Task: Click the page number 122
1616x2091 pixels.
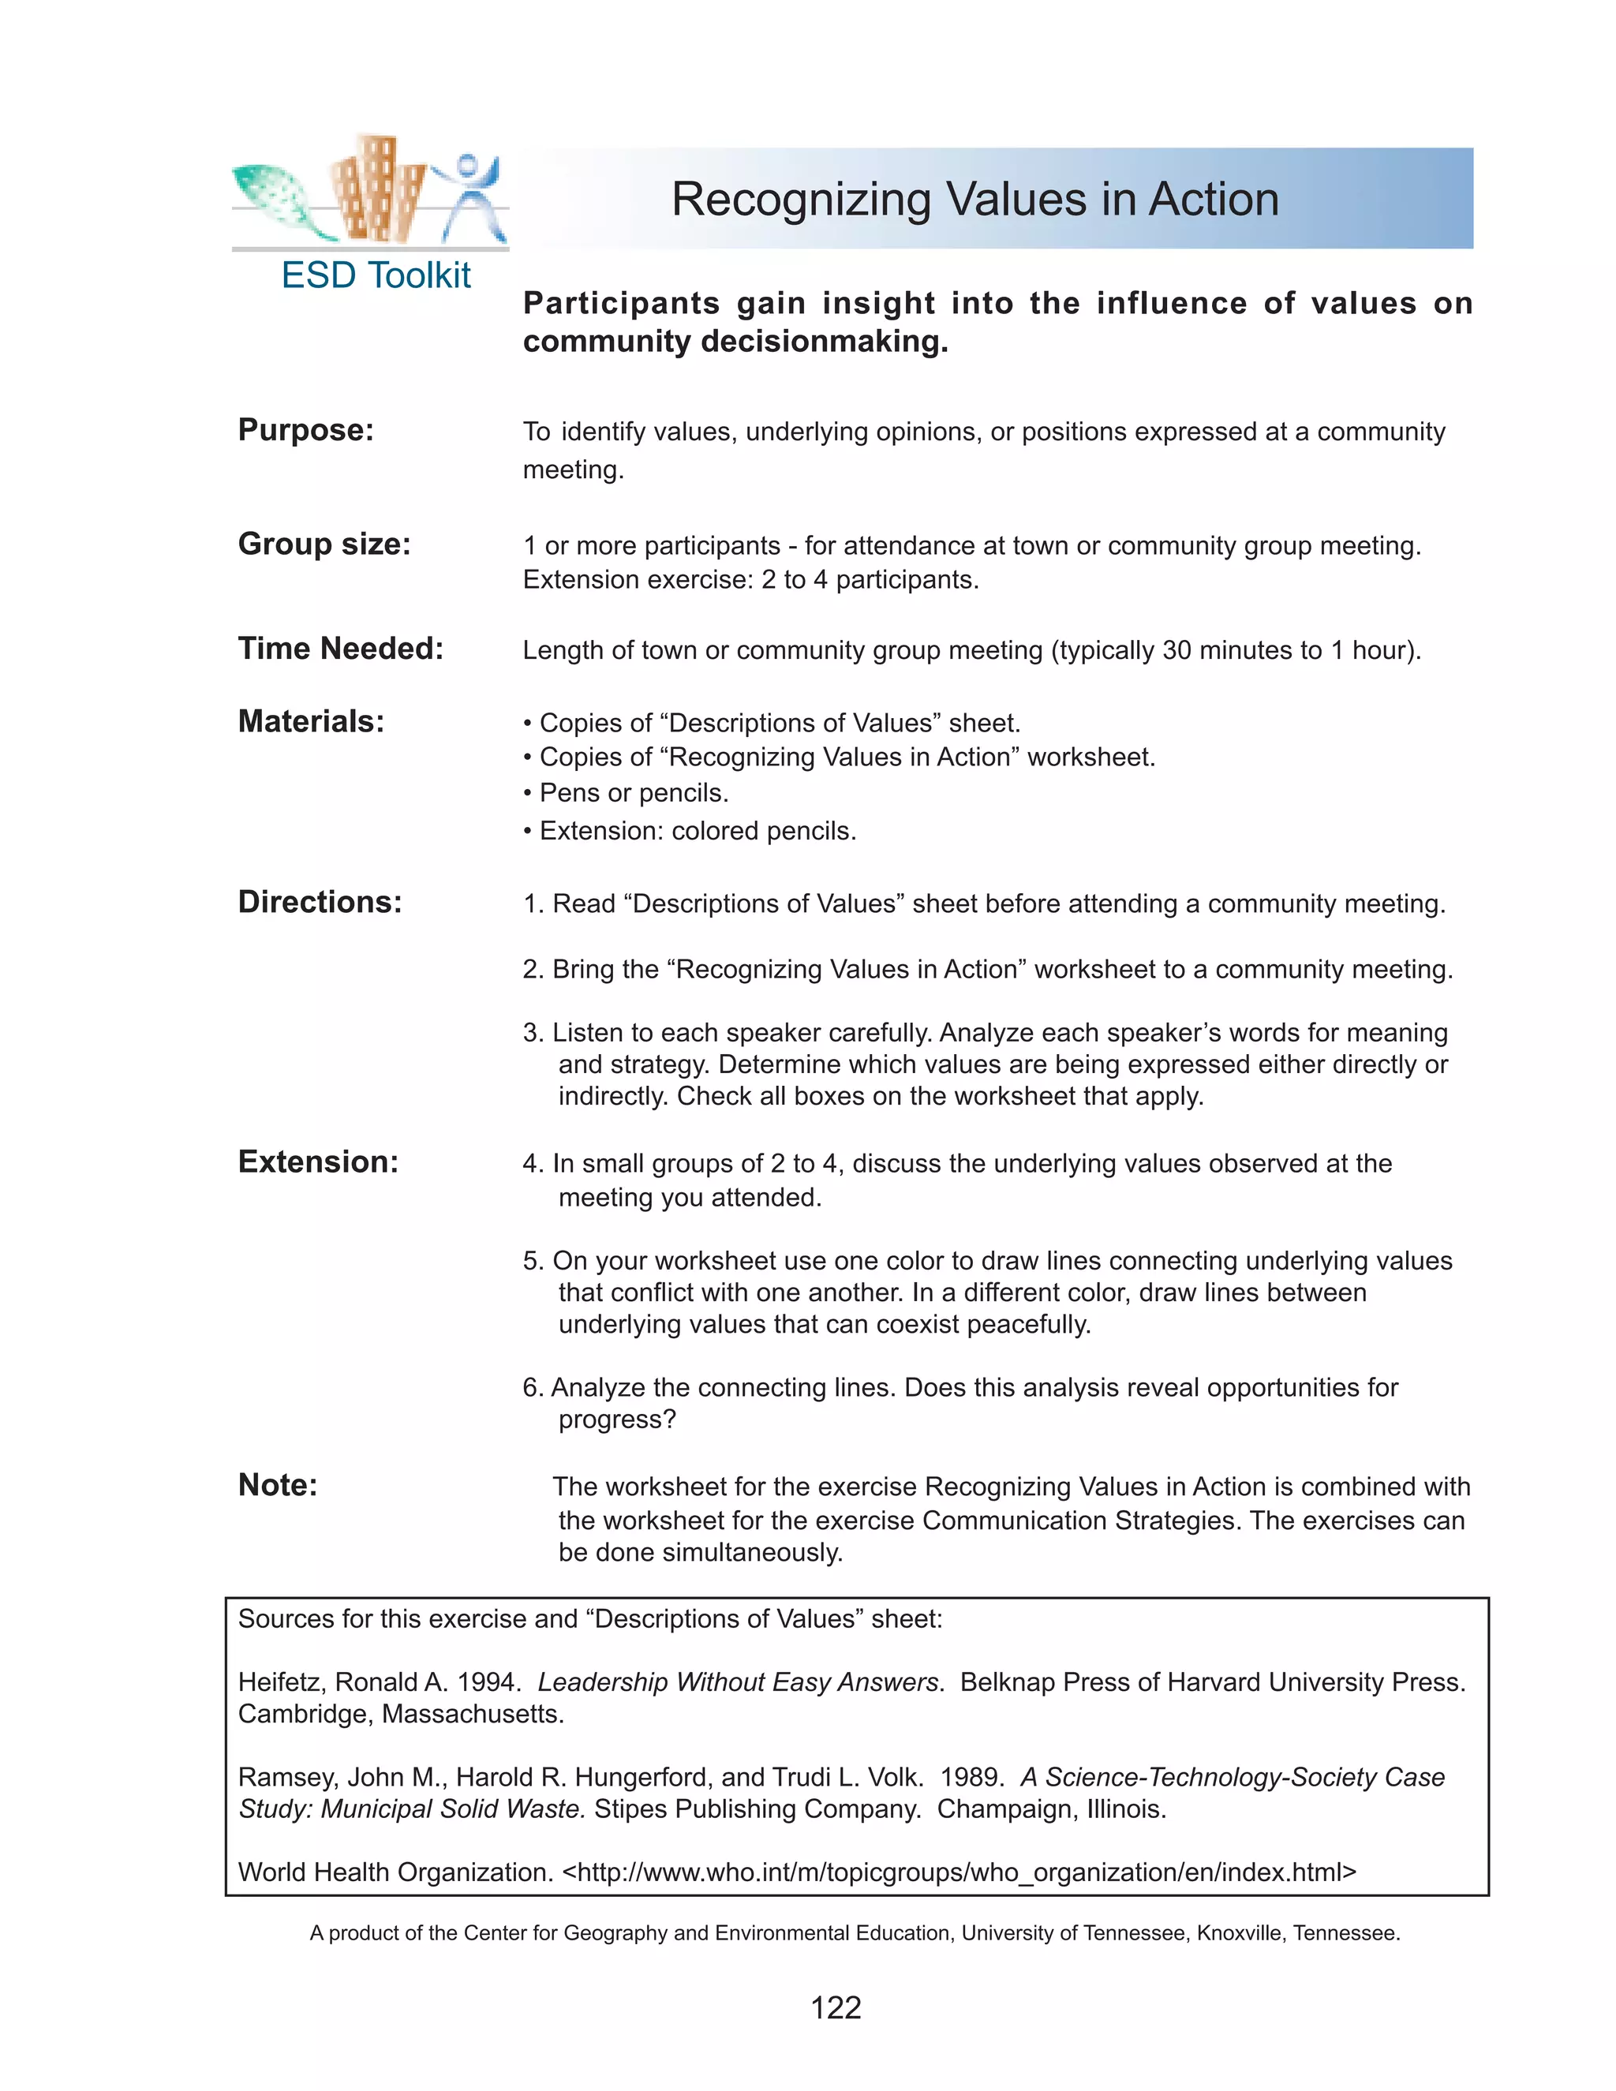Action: coord(835,2007)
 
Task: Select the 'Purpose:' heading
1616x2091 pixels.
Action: coord(305,430)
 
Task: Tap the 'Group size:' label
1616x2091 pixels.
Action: coord(324,544)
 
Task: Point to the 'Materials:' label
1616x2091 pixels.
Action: coord(310,721)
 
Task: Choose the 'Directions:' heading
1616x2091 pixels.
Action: coord(320,902)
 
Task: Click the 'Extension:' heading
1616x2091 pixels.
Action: coord(318,1161)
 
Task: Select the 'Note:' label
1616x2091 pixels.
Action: coord(278,1484)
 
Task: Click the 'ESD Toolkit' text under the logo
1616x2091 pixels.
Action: coord(376,275)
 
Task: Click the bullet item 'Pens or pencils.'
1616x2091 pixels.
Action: coord(633,793)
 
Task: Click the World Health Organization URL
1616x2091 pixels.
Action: coord(958,1872)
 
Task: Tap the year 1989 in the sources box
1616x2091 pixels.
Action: coord(971,1777)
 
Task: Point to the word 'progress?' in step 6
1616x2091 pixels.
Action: coord(616,1420)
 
